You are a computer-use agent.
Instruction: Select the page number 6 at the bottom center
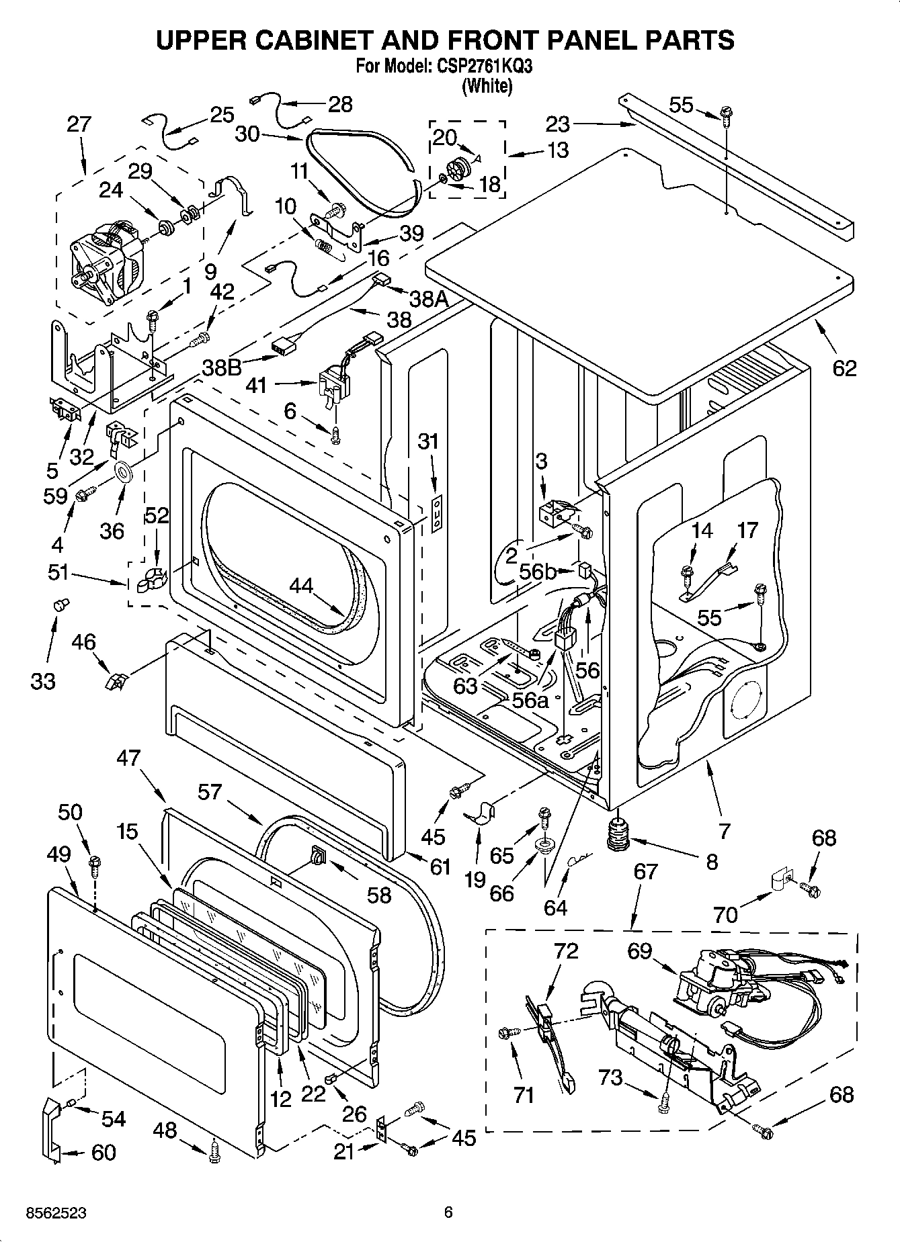pos(448,1212)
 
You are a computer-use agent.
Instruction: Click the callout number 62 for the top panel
pos(844,367)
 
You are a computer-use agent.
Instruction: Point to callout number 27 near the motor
pos(79,124)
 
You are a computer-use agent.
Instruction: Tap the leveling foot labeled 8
pos(618,834)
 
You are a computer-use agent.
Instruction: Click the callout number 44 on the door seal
pos(301,586)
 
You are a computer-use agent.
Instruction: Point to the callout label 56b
pos(538,571)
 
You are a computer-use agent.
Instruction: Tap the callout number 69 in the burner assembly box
pos(640,951)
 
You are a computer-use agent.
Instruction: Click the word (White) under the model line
pos(487,86)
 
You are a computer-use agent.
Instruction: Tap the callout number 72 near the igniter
pos(565,951)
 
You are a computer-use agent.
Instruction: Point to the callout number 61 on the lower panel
pos(440,867)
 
